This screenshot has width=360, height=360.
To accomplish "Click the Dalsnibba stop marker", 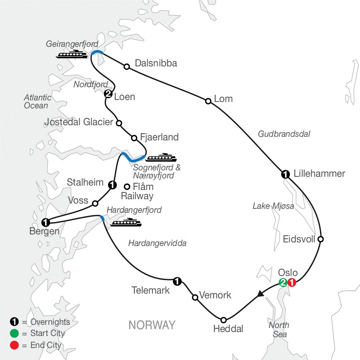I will click(x=126, y=66).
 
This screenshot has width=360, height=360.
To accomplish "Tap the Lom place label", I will click(x=223, y=99).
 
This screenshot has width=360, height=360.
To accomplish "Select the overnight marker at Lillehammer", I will click(x=285, y=174).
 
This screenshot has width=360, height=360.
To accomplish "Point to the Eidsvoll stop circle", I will click(x=320, y=239).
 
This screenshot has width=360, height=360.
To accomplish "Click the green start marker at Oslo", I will click(x=283, y=282).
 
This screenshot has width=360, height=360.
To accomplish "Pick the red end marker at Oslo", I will click(x=292, y=282).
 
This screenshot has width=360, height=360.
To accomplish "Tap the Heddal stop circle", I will click(x=224, y=320).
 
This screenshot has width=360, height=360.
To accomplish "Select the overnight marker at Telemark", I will click(x=176, y=281).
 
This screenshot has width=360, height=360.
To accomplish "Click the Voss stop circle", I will click(x=95, y=203).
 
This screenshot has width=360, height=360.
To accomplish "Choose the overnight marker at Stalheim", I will click(x=112, y=185).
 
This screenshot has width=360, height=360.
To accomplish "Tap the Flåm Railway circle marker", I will click(x=127, y=186).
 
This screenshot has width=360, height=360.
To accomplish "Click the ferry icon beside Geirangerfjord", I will click(x=72, y=54).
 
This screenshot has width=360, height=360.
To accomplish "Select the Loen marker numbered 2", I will click(x=108, y=94).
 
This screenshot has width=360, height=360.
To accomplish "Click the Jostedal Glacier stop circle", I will click(x=118, y=122).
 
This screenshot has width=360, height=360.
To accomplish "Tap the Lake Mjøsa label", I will click(x=273, y=206).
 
